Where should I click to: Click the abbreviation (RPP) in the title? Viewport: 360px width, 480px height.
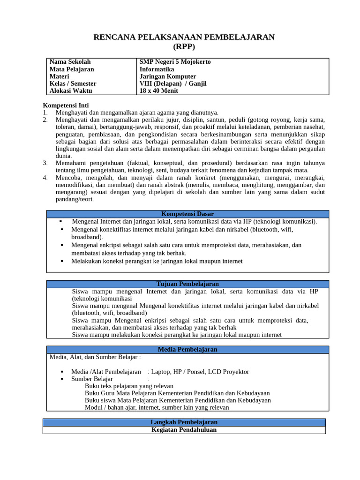click(x=184, y=46)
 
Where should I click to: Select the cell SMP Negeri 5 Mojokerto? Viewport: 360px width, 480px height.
click(x=175, y=62)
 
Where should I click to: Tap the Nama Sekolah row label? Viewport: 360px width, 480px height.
click(x=70, y=62)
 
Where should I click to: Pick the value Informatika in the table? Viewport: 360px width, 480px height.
click(x=157, y=69)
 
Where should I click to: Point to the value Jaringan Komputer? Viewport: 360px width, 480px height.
click(x=168, y=76)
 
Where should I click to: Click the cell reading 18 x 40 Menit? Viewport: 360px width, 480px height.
click(x=159, y=91)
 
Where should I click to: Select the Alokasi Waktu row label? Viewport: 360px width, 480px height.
click(x=71, y=91)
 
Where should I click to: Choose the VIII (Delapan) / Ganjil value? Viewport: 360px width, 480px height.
click(x=173, y=83)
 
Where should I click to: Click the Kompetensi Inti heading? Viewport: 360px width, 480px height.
click(x=66, y=105)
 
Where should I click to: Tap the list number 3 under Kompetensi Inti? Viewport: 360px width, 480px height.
click(x=45, y=163)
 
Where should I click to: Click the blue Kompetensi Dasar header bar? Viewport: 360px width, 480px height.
click(x=187, y=214)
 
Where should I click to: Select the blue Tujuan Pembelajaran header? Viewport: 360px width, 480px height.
click(x=187, y=284)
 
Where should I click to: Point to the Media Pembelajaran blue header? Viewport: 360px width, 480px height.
click(x=187, y=350)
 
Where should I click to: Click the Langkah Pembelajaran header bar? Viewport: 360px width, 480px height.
click(x=184, y=422)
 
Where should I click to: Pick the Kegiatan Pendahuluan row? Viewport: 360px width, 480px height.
click(x=184, y=430)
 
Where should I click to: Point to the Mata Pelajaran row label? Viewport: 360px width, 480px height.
click(x=72, y=69)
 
